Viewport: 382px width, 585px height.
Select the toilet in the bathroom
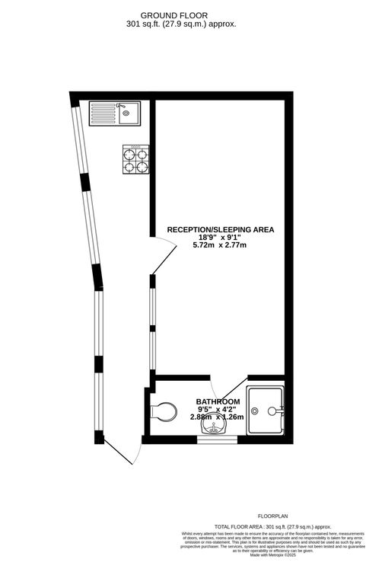coord(161,412)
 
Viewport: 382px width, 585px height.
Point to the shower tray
coord(266,409)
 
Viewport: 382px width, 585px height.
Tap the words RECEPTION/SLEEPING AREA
coord(220,229)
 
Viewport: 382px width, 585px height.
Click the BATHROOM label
coord(218,401)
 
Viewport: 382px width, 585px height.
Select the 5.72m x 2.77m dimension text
coord(220,246)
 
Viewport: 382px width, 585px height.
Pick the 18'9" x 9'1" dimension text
coord(220,238)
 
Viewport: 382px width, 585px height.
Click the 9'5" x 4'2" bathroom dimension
coord(218,409)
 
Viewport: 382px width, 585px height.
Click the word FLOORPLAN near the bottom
coord(273,516)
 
